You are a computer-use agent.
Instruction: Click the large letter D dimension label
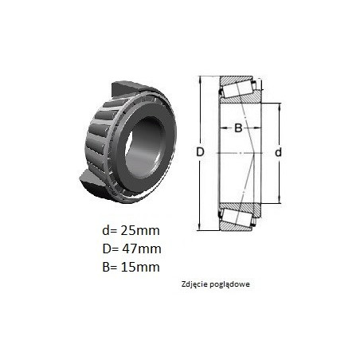tap(200, 152)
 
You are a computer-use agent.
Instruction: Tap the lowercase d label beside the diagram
tap(278, 152)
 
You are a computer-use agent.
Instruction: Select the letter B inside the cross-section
tap(238, 128)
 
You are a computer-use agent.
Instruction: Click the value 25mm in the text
tap(140, 230)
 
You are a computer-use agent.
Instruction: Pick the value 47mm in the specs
tap(142, 248)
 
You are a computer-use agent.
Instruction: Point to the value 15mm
tap(140, 267)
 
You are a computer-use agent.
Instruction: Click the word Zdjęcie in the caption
tap(194, 284)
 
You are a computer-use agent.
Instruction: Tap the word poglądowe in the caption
tap(229, 284)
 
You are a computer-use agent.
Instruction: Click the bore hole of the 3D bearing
tap(144, 150)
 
